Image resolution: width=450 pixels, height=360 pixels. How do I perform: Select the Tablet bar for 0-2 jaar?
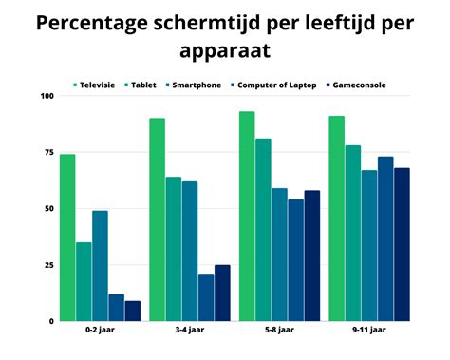coord(84,282)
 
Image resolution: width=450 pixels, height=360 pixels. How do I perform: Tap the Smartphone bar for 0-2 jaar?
coord(100,266)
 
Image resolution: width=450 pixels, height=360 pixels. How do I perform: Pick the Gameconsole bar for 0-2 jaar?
coord(132,311)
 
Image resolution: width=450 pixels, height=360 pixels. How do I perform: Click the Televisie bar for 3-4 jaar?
coord(157,219)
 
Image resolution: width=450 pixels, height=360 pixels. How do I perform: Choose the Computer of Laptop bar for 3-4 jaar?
coord(205,297)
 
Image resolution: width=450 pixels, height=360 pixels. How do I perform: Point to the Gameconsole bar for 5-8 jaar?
coord(311,256)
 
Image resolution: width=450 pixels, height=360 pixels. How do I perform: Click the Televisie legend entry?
coord(100,85)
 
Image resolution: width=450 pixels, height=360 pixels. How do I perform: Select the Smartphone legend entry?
coord(195,85)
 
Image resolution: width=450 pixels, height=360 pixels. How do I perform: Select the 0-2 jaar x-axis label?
coord(100,332)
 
